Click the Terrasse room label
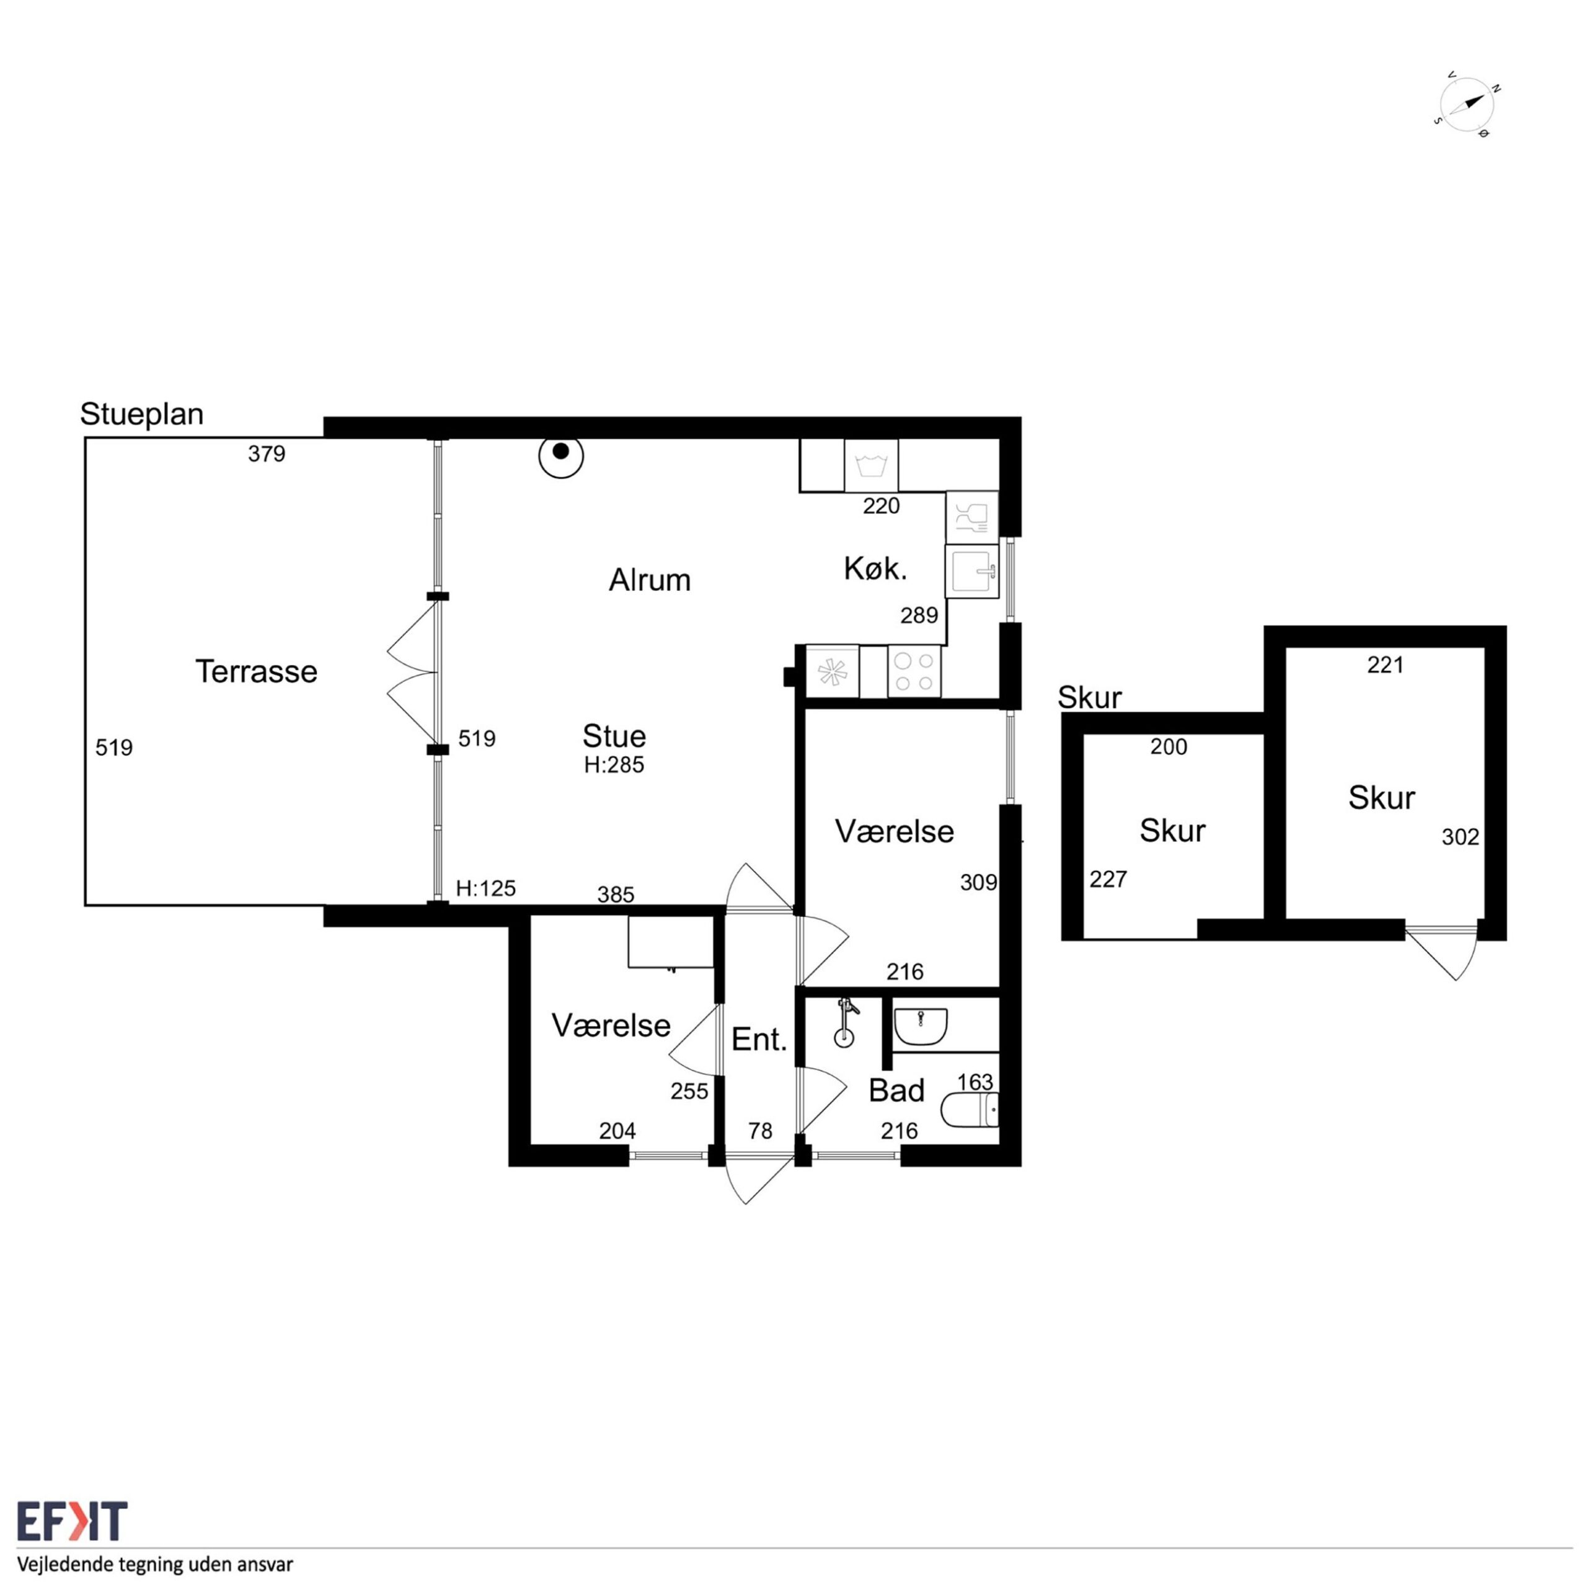pos(256,672)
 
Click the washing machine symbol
pos(871,466)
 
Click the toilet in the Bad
pos(970,1110)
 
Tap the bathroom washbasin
pos(920,1025)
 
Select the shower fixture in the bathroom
pos(845,1022)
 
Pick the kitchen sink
pos(972,571)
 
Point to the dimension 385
pos(616,895)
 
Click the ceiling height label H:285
pos(614,765)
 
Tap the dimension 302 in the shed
pos(1461,837)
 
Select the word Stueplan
pos(141,414)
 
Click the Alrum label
pos(649,580)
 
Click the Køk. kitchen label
pos(876,568)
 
